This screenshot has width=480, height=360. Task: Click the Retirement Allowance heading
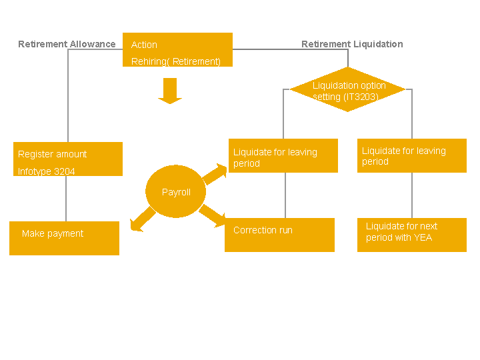(67, 44)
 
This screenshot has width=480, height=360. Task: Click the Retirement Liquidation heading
(352, 44)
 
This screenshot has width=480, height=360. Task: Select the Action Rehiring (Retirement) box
(177, 50)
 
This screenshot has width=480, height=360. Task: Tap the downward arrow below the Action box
(170, 91)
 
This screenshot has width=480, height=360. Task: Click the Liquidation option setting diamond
(347, 89)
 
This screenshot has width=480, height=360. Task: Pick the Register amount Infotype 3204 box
(68, 159)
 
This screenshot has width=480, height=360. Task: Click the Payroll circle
(176, 191)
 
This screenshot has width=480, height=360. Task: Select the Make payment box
(64, 238)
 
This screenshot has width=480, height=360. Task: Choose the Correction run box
(279, 235)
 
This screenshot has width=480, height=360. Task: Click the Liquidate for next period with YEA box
(412, 235)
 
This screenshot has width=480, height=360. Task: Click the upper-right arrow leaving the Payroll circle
(215, 173)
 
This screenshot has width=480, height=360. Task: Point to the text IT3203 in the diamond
(361, 97)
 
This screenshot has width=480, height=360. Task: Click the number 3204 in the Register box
(65, 171)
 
